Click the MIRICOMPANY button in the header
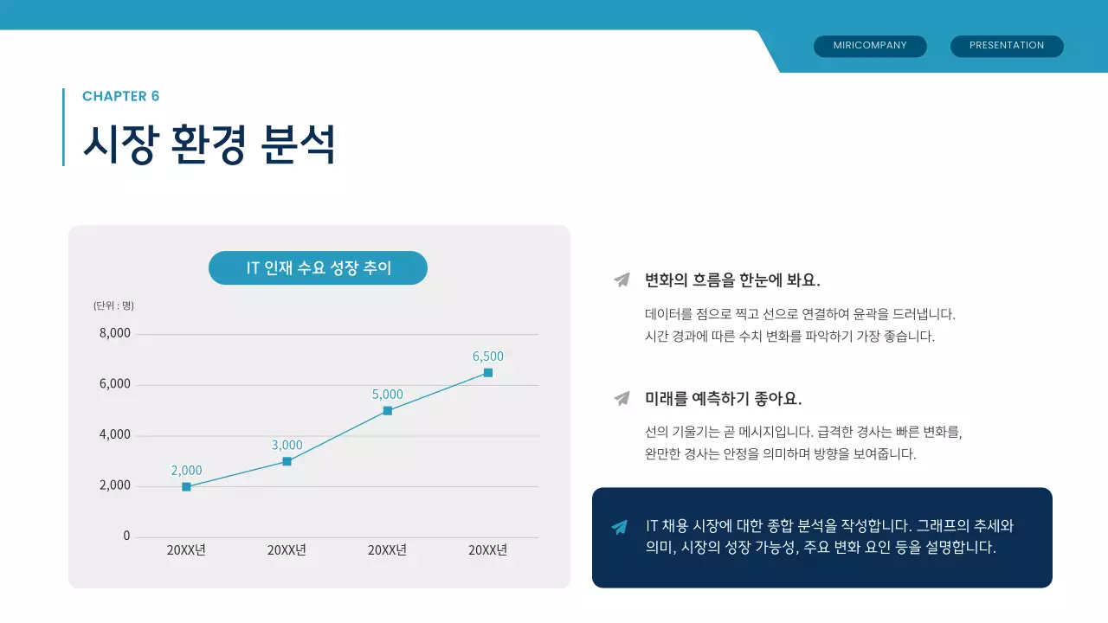coord(870,46)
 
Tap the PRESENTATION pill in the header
coord(1007,46)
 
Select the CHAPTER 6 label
coord(120,96)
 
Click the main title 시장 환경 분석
coord(209,144)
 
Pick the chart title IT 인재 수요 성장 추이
coord(318,268)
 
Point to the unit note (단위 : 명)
coord(113,305)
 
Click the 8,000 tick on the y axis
coord(114,333)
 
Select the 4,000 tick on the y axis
coord(114,434)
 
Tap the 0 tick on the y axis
coord(126,536)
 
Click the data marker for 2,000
coord(186,487)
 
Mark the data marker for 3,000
coord(287,461)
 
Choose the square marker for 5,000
coord(387,411)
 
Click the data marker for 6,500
coord(488,373)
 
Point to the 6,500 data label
coord(487,356)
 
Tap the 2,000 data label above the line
coord(186,470)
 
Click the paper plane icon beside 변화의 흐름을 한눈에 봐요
coord(622,279)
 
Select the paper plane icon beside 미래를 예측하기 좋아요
coord(622,398)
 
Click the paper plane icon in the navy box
coord(619,527)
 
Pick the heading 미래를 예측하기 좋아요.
coord(723,399)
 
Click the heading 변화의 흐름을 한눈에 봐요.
coord(732,280)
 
